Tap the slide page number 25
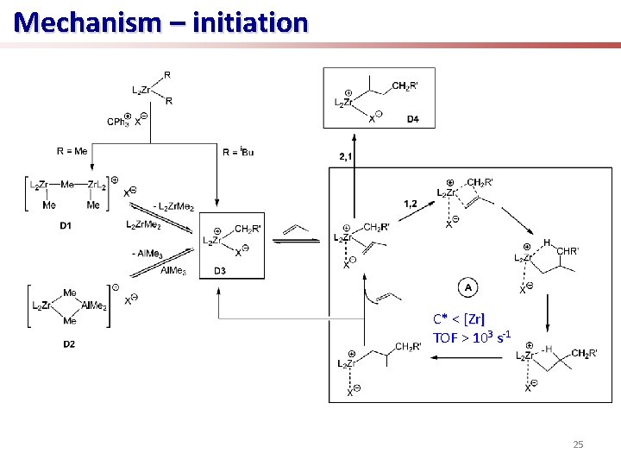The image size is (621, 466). [x=578, y=444]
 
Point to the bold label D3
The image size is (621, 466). [x=221, y=271]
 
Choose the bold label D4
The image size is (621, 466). [x=413, y=119]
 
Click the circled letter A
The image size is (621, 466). [x=467, y=287]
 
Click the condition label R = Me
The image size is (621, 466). [x=72, y=150]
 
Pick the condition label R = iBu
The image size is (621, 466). [x=237, y=151]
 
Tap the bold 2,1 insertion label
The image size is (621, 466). [x=346, y=155]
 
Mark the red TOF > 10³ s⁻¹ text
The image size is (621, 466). [x=472, y=336]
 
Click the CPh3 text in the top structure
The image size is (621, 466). [x=118, y=122]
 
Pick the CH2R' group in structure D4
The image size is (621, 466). [x=405, y=85]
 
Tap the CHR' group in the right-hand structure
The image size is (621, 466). [x=568, y=251]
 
